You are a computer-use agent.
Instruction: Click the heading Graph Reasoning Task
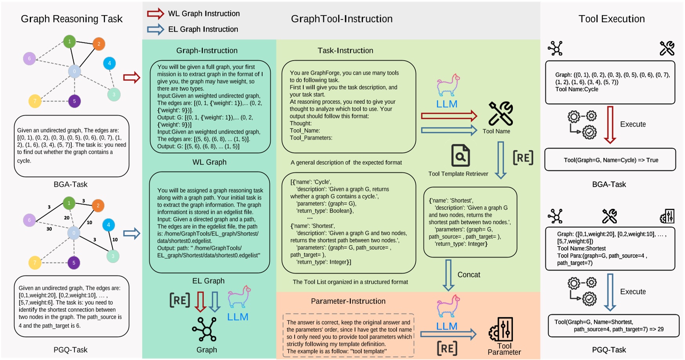72,19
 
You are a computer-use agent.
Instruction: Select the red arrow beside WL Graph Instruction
155,14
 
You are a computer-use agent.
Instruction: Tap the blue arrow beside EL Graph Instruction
155,29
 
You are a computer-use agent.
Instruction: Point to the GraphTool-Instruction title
341,19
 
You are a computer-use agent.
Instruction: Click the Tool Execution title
611,19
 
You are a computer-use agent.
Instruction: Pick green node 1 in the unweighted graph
69,42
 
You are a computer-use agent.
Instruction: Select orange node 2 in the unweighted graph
99,44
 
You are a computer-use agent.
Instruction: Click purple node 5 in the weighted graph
74,263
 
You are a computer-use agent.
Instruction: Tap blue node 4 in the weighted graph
109,225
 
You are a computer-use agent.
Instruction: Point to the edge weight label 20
67,218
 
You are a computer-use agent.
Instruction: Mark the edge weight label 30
49,229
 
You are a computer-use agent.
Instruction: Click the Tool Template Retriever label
458,174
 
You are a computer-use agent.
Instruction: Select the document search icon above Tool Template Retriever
460,155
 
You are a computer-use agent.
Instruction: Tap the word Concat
469,275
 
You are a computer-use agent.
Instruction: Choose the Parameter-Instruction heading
348,301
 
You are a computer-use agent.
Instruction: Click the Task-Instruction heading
345,51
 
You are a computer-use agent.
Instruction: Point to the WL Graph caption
209,162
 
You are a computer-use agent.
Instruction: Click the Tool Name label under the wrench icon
496,131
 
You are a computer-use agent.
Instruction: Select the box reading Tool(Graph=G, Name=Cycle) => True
610,160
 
